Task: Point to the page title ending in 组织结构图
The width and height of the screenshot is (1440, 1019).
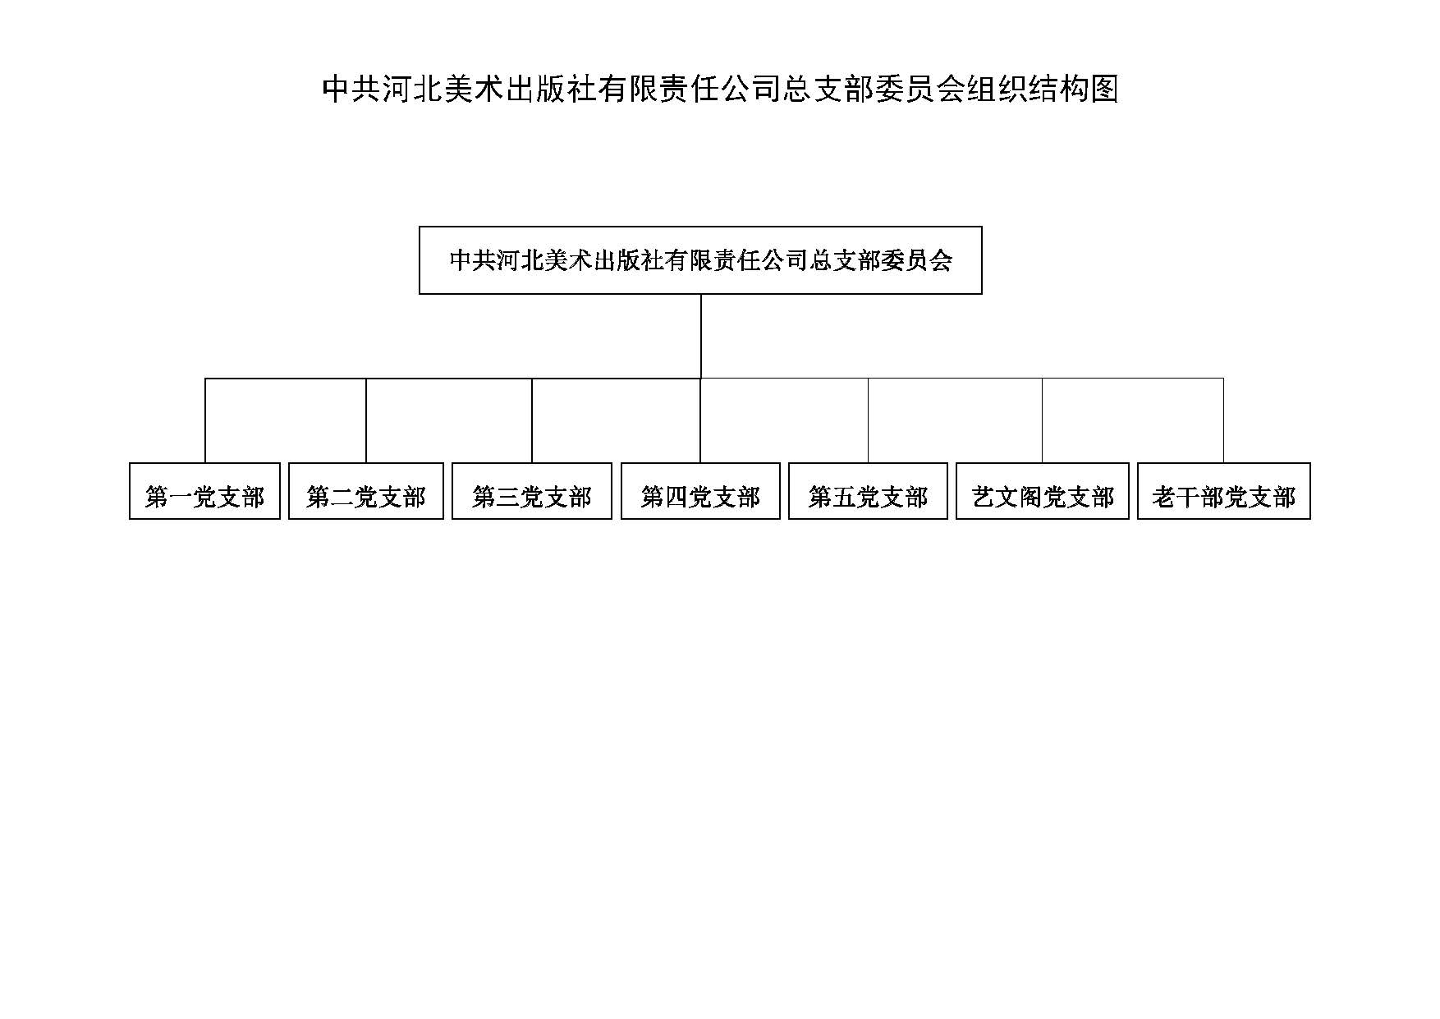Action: [x=720, y=89]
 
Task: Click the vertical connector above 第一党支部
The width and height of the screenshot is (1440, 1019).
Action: [x=205, y=420]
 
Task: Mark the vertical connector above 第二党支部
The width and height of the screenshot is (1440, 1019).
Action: [x=366, y=420]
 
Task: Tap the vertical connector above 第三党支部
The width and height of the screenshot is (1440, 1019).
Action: [x=532, y=420]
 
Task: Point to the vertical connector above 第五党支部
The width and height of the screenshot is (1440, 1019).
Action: [x=869, y=420]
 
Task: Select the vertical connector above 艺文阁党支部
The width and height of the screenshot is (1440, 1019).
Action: [x=1043, y=420]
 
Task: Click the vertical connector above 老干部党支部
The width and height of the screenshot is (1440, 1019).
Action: [x=1224, y=420]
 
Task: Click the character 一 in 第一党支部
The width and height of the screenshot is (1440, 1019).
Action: [x=181, y=497]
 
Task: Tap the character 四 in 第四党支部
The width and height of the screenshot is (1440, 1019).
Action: [x=676, y=497]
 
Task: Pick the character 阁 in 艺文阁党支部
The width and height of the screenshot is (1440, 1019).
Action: [x=1031, y=497]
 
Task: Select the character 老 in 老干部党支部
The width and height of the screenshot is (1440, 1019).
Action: [x=1164, y=497]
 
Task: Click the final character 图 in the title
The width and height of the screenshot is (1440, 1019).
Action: [x=1105, y=89]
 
